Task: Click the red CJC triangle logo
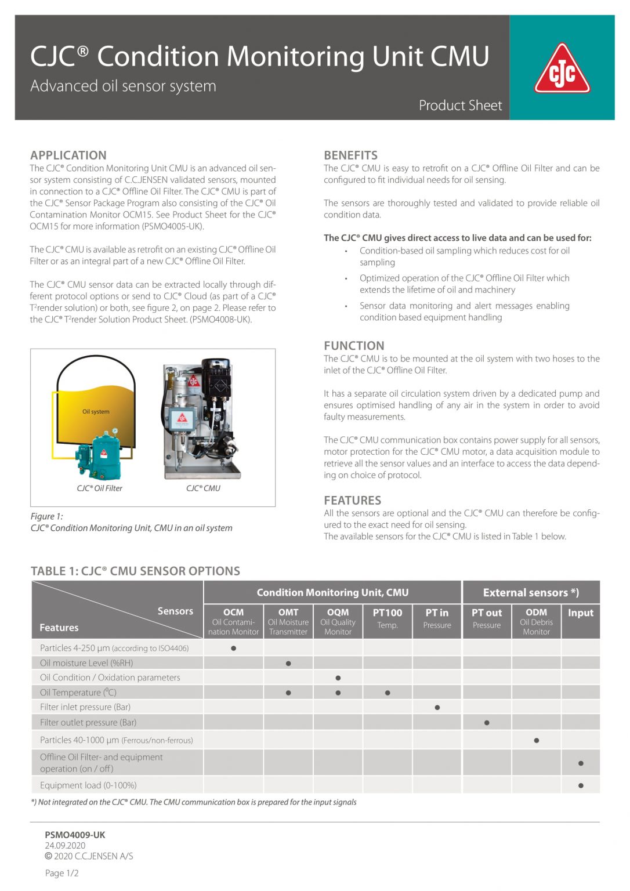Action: (x=562, y=70)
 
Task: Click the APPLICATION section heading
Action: (x=68, y=155)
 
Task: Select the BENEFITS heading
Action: (x=350, y=155)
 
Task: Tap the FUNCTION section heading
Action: (x=354, y=345)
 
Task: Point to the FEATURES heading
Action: (x=352, y=500)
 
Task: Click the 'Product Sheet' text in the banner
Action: (x=460, y=105)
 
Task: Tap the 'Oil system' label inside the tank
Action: (x=96, y=411)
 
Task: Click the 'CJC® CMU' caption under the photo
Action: (x=203, y=488)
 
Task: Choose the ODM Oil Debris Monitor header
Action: (x=536, y=621)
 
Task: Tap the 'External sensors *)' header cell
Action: (x=531, y=592)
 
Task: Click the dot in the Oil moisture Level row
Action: (x=288, y=663)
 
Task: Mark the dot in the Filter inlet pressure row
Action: (x=437, y=707)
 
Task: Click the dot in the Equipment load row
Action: (x=581, y=785)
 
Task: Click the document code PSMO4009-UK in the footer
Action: (x=75, y=835)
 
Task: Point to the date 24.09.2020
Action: (x=65, y=845)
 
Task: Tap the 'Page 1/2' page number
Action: (x=61, y=873)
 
